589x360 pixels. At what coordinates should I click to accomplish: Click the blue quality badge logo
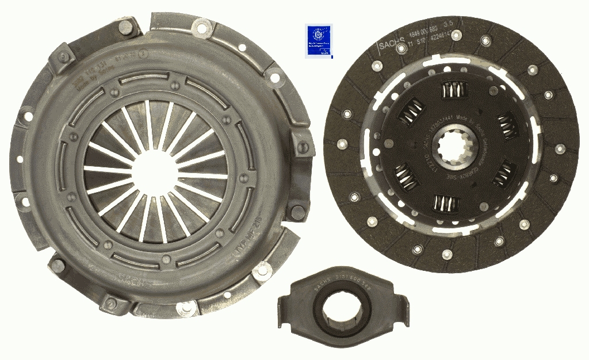(318, 41)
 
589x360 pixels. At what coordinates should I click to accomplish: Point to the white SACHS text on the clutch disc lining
(392, 45)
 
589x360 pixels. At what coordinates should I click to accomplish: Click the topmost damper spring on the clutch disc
(453, 91)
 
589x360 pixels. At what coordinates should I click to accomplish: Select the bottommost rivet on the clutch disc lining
(447, 253)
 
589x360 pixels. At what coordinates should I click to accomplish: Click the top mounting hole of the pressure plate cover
(201, 25)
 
